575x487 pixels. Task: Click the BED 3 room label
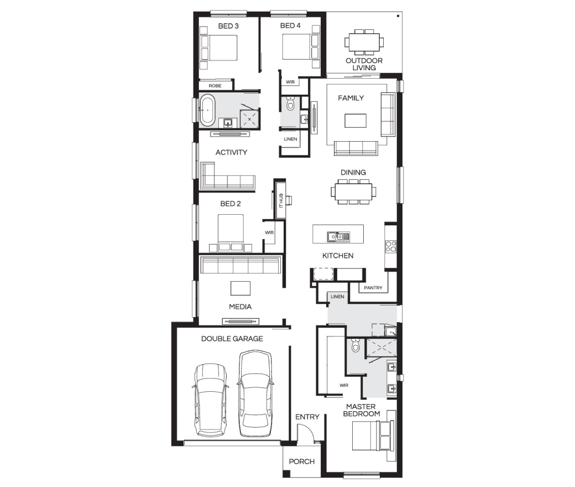[x=228, y=26]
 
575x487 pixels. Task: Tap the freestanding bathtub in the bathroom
[x=207, y=110]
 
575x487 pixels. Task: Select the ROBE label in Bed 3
[x=215, y=86]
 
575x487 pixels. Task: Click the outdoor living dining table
[x=364, y=43]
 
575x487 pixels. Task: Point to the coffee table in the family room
[x=356, y=121]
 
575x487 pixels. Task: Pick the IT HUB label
[x=281, y=200]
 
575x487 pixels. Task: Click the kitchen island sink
[x=338, y=237]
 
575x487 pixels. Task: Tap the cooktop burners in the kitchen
[x=391, y=246]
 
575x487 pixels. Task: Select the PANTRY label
[x=373, y=288]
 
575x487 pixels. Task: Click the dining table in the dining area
[x=353, y=191]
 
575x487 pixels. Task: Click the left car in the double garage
[x=210, y=400]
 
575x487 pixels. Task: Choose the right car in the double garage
[x=255, y=393]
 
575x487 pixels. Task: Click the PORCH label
[x=301, y=462]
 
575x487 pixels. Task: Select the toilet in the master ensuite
[x=356, y=345]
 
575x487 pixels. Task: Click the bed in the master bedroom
[x=371, y=436]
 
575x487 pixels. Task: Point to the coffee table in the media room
[x=241, y=288]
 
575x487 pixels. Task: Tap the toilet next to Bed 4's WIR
[x=290, y=103]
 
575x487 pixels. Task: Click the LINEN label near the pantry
[x=337, y=297]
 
